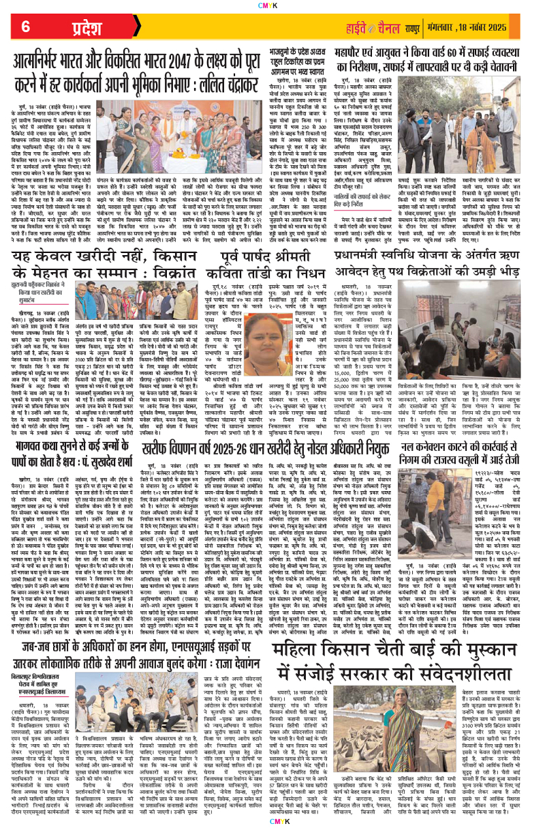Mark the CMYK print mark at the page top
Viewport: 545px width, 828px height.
click(273, 6)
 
